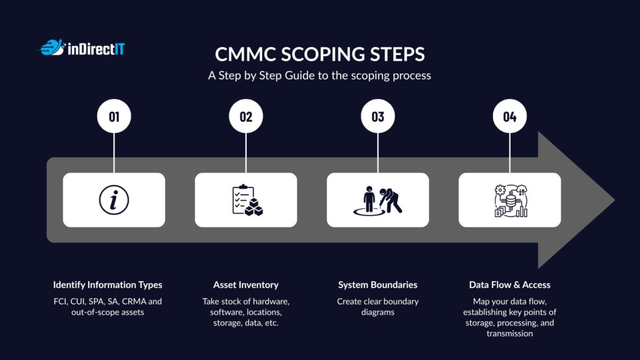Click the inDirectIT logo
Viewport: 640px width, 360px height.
[82, 47]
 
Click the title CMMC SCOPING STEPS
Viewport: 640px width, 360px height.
[319, 54]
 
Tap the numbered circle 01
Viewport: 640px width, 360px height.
[114, 116]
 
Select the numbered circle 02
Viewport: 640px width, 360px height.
[246, 116]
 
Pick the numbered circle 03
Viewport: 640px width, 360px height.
[377, 116]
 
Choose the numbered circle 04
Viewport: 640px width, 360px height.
[509, 116]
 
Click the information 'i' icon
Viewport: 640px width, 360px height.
[114, 200]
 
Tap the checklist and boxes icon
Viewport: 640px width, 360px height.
[246, 200]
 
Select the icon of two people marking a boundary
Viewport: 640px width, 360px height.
[377, 200]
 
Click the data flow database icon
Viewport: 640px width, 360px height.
[509, 200]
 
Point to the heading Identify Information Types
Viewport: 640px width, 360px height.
[107, 285]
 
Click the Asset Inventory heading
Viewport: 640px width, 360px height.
[245, 285]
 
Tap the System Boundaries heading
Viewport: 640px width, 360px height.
[377, 285]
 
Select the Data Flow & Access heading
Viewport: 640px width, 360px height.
[509, 285]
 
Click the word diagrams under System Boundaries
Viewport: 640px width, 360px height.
[377, 312]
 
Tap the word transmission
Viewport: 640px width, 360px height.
[509, 333]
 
